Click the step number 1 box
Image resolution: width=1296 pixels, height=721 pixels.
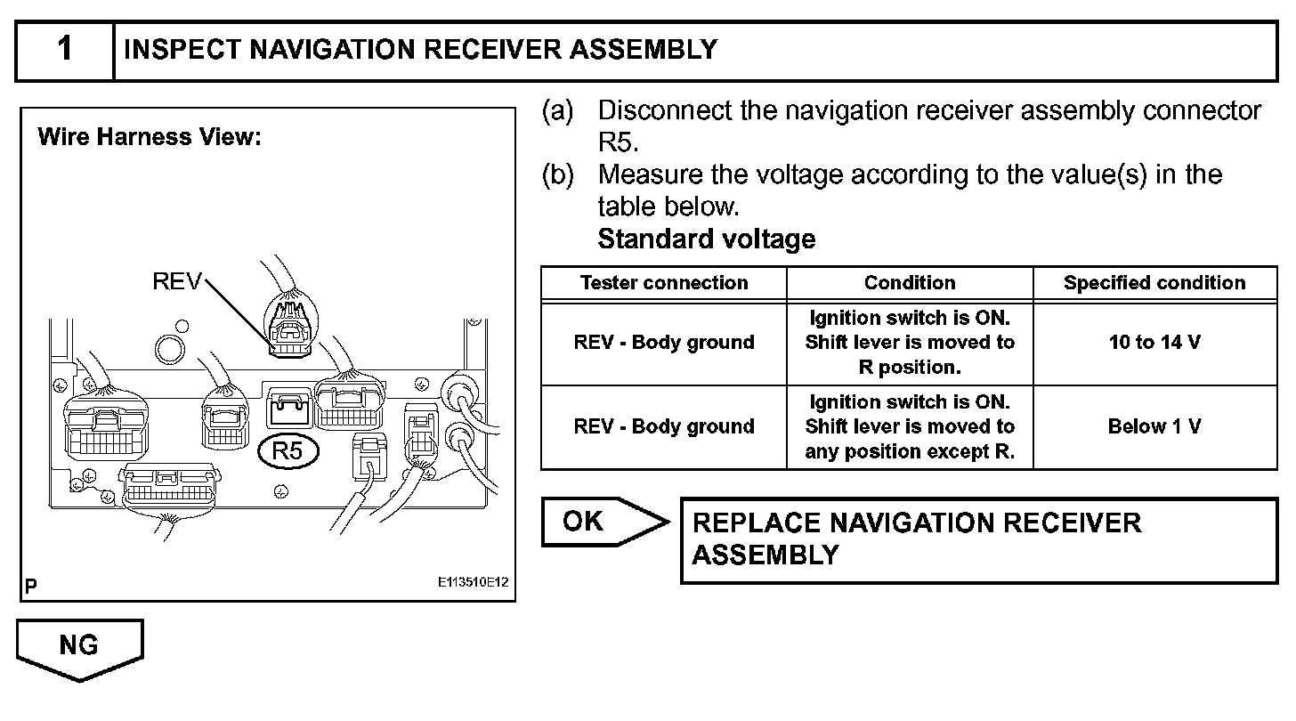tap(64, 50)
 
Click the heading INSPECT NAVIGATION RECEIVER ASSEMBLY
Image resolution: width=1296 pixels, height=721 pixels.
tap(420, 50)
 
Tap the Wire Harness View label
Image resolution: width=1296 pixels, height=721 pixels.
tap(150, 137)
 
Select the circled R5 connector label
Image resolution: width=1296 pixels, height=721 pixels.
tap(288, 451)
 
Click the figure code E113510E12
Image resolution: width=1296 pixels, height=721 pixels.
tap(473, 583)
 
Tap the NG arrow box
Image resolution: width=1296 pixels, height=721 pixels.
tap(79, 647)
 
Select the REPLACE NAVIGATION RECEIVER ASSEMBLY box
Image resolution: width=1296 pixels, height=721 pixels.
tap(978, 539)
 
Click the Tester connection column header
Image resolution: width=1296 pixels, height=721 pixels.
tap(664, 283)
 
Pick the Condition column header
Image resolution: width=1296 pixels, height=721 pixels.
tap(910, 283)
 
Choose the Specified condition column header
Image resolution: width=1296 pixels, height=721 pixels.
tap(1154, 283)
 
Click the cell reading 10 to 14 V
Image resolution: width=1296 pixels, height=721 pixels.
tap(1154, 343)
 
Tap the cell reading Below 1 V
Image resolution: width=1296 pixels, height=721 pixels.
tap(1154, 426)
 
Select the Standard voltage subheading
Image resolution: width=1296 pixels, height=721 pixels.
tap(706, 239)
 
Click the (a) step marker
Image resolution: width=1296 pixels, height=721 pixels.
tap(558, 111)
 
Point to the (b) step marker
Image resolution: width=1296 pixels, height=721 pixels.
tap(558, 174)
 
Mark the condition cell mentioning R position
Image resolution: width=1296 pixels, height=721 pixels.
tap(910, 343)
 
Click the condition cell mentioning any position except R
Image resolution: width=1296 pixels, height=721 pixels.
tap(910, 426)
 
